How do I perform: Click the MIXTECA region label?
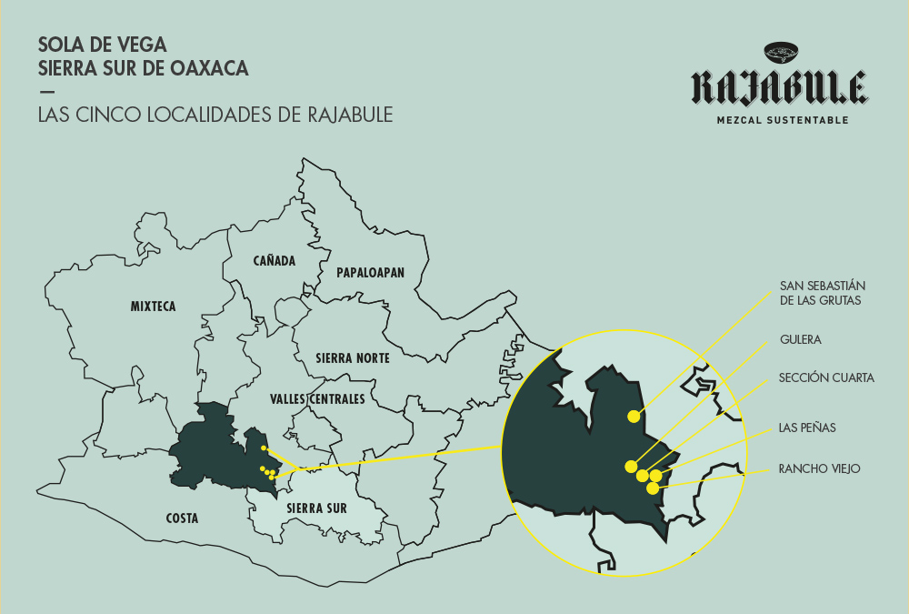click(x=153, y=307)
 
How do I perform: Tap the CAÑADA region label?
click(x=275, y=261)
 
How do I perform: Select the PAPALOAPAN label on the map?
click(x=370, y=273)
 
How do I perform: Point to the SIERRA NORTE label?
click(x=352, y=358)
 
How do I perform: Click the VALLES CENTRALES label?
click(x=317, y=399)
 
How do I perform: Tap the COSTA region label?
click(x=182, y=518)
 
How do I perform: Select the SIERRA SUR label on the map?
click(x=315, y=508)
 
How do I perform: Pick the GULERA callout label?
click(x=800, y=339)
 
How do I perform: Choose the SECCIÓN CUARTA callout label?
click(x=826, y=377)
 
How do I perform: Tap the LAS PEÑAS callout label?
click(x=807, y=427)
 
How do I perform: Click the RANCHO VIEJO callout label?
click(x=819, y=469)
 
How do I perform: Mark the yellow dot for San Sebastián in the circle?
click(x=633, y=417)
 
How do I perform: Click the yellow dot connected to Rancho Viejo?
click(x=653, y=488)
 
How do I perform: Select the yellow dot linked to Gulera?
click(x=632, y=467)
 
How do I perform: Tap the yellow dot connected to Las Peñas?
click(x=655, y=476)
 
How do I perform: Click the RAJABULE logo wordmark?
click(x=779, y=87)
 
